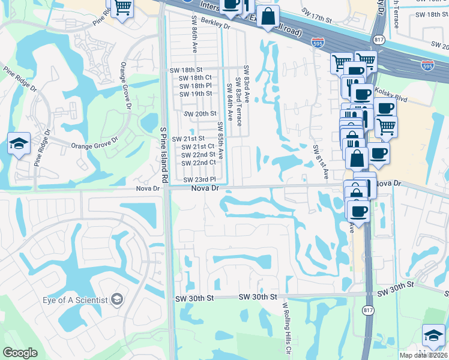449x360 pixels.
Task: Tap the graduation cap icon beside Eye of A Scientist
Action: (118, 299)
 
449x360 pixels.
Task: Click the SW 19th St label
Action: (196, 94)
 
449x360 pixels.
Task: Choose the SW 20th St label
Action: (200, 113)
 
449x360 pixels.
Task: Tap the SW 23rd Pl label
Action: (199, 179)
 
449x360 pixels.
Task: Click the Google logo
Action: (20, 353)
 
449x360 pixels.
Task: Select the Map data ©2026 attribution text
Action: (423, 355)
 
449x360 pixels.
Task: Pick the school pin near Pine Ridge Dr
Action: (19, 145)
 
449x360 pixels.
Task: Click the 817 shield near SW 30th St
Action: (367, 309)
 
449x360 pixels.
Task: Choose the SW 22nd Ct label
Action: (199, 163)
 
